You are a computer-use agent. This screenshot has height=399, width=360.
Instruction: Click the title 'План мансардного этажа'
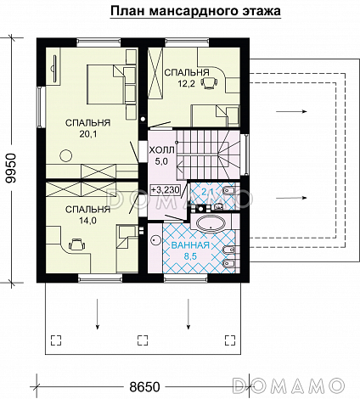pyautogui.click(x=195, y=11)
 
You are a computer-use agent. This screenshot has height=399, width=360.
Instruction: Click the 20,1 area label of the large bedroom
pyautogui.click(x=88, y=134)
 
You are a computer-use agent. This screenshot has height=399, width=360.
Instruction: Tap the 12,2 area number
pyautogui.click(x=187, y=84)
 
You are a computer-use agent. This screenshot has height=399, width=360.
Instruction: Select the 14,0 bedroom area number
pyautogui.click(x=87, y=221)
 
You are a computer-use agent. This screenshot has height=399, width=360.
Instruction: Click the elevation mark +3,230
pyautogui.click(x=166, y=190)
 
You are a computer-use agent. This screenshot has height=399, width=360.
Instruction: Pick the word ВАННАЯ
pyautogui.click(x=190, y=245)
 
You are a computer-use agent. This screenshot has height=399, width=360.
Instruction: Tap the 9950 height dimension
pyautogui.click(x=11, y=169)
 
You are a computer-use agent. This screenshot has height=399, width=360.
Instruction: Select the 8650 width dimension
pyautogui.click(x=144, y=387)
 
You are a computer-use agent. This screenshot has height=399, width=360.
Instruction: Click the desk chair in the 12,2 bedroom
pyautogui.click(x=209, y=82)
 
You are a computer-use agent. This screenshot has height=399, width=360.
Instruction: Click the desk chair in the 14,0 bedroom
pyautogui.click(x=76, y=244)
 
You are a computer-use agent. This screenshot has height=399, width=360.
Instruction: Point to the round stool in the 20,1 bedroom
pyautogui.click(x=66, y=155)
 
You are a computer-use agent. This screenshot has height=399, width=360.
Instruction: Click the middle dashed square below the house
pyautogui.click(x=143, y=340)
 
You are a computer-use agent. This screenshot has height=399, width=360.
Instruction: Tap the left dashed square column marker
pyautogui.click(x=56, y=340)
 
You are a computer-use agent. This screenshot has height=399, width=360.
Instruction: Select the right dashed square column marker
pyautogui.click(x=230, y=340)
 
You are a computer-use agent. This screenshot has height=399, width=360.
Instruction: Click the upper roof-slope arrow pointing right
pyautogui.click(x=291, y=111)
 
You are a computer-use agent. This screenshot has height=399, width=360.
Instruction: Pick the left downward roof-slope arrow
pyautogui.click(x=98, y=314)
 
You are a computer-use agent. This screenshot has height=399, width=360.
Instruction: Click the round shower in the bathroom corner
pyautogui.click(x=155, y=240)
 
